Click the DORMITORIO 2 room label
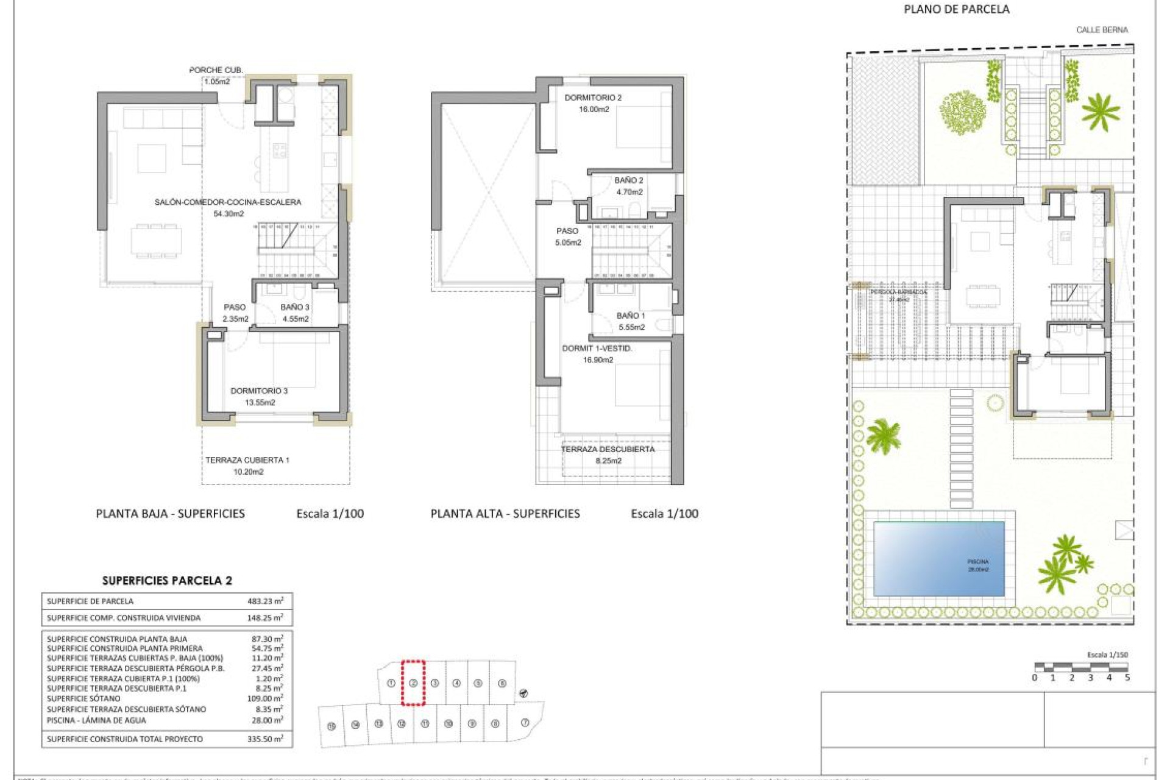click(593, 97)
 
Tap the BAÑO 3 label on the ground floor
click(295, 307)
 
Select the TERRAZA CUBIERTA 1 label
click(247, 460)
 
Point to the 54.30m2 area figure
click(229, 214)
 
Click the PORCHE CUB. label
click(216, 70)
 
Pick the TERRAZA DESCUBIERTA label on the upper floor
click(608, 449)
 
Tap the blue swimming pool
click(938, 558)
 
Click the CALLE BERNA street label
click(1102, 30)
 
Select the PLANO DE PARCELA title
click(956, 9)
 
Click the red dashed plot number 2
click(413, 683)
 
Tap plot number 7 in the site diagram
click(525, 723)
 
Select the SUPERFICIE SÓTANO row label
click(83, 698)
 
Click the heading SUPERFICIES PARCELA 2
click(167, 581)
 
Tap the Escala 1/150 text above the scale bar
click(1107, 654)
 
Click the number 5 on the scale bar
click(1127, 678)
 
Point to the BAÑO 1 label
click(630, 316)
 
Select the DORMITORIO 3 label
click(259, 391)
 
